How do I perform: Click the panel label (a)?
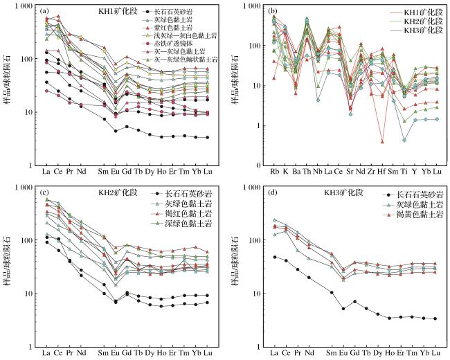pos(44,11)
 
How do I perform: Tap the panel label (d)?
pos(272,192)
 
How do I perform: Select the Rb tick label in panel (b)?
pos(275,172)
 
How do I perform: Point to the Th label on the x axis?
pos(307,172)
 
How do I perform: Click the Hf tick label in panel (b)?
pos(381,172)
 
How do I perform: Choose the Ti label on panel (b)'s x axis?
pos(404,172)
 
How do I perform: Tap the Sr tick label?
pos(350,172)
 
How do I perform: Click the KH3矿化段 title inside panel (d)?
pos(344,192)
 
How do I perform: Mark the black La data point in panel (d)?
pos(275,257)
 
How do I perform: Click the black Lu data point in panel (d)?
pos(435,318)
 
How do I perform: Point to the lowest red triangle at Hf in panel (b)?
pos(382,142)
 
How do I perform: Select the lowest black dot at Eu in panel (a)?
pos(116,131)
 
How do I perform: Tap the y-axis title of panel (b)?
pos(235,86)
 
